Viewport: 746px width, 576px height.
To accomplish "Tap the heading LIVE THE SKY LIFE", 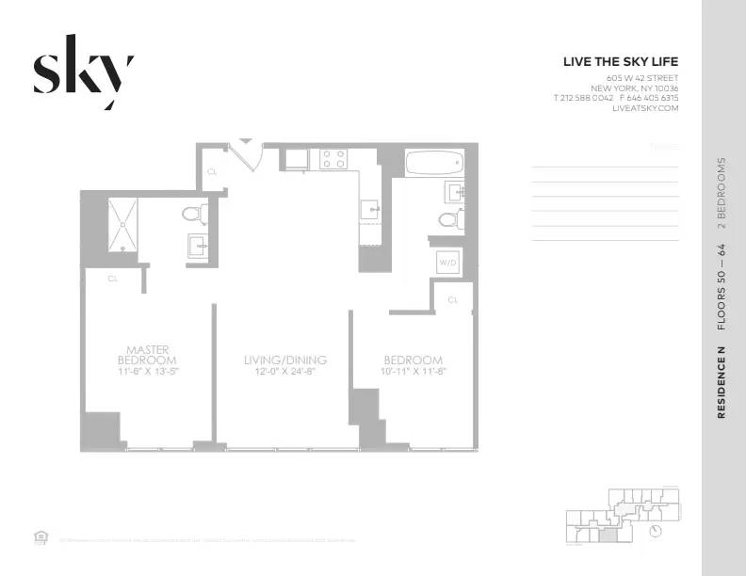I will point(620,62).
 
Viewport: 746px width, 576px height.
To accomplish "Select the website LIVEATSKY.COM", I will point(645,108).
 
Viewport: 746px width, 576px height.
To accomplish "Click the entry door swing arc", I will point(248,155).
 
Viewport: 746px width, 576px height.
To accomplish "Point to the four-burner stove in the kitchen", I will point(332,158).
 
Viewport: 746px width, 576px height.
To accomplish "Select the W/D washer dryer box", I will point(447,264).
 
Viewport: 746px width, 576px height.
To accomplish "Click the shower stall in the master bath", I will point(122,224).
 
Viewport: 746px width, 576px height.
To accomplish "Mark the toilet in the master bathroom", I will point(195,214).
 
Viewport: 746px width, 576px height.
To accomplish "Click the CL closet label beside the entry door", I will point(212,172).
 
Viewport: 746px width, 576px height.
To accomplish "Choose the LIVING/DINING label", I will point(284,360).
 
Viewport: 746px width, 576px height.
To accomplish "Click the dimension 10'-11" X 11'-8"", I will point(413,373).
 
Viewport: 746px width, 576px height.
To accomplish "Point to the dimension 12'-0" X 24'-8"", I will point(284,373).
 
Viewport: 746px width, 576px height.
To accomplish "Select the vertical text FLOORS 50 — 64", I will point(722,286).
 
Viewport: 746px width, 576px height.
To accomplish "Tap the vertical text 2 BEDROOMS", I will point(722,193).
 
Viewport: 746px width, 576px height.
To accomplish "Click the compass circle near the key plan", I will point(656,531).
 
